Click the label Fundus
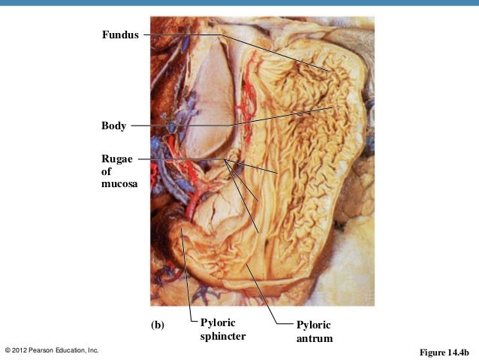pos(120,35)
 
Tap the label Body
pos(113,125)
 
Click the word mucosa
pos(119,183)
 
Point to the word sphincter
pos(222,336)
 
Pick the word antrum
pos(314,339)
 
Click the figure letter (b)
pos(157,325)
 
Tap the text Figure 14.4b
pos(444,351)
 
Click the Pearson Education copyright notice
pos(52,350)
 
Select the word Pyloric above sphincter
pos(218,322)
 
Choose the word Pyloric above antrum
pos(313,325)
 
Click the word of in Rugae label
pos(106,171)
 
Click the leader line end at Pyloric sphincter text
pos(193,324)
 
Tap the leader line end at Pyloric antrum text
pos(290,325)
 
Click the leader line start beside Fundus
pos(143,35)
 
